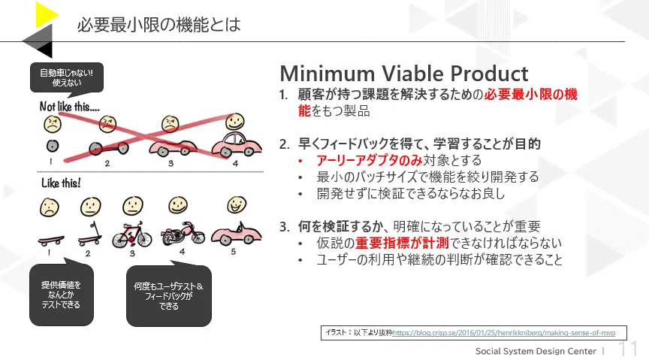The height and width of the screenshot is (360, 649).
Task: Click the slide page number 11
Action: point(628,349)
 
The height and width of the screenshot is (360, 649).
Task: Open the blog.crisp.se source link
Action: point(504,333)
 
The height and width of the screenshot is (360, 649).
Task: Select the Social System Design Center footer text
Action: point(536,351)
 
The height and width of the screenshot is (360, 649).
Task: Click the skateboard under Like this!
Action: point(50,240)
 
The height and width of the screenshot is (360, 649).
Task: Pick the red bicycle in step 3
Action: point(132,235)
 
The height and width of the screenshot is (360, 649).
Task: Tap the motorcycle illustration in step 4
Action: point(183,233)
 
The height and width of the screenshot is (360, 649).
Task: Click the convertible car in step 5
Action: point(236,233)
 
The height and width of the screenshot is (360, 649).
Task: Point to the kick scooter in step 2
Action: point(91,234)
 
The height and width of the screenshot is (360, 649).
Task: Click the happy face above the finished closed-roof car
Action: point(234,122)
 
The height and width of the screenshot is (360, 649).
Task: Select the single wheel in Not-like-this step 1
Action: point(52,146)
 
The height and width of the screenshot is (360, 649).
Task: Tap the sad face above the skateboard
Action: point(50,207)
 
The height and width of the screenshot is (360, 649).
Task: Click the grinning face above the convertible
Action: point(237,204)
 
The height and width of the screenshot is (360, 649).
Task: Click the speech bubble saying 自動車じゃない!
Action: point(67,78)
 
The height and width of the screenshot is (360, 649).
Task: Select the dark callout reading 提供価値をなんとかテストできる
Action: point(62,294)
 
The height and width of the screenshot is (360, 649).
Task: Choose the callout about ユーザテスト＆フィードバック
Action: point(169,295)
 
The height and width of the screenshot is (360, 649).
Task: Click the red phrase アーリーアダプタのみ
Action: point(370,160)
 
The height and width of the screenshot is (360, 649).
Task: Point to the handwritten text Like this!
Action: point(61,183)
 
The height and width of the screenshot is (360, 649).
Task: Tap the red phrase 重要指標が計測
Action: point(402,243)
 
